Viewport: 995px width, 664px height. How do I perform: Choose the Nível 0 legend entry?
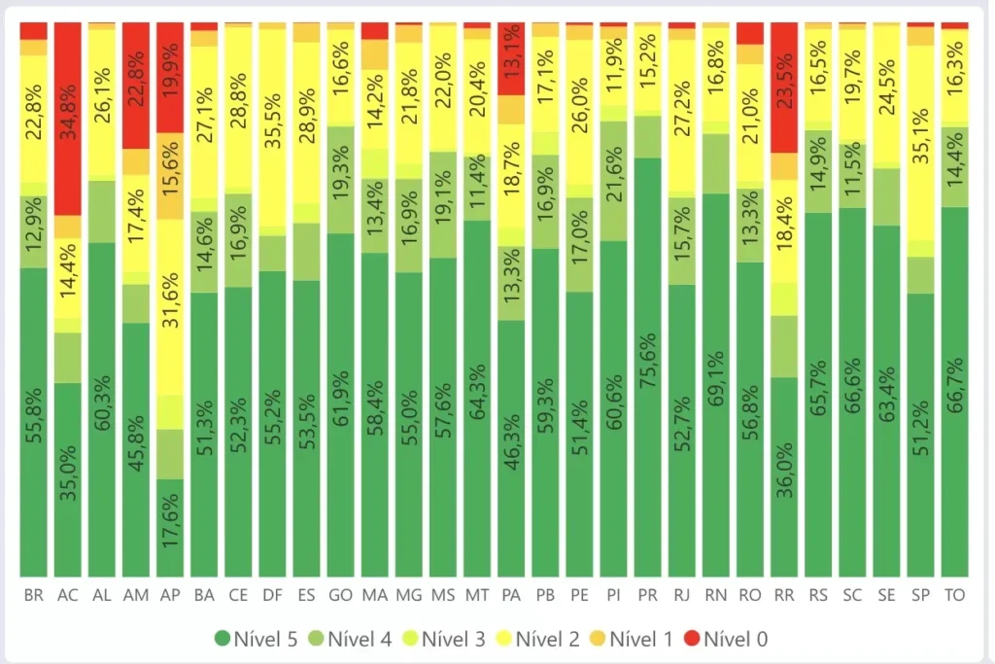[x=728, y=639]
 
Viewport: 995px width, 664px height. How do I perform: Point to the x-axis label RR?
[x=783, y=595]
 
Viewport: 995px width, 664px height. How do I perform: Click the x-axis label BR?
[x=34, y=595]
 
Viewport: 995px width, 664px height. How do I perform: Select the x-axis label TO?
[x=954, y=595]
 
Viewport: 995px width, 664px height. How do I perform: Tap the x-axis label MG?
[x=409, y=595]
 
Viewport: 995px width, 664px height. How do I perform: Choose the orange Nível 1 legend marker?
[x=598, y=639]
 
